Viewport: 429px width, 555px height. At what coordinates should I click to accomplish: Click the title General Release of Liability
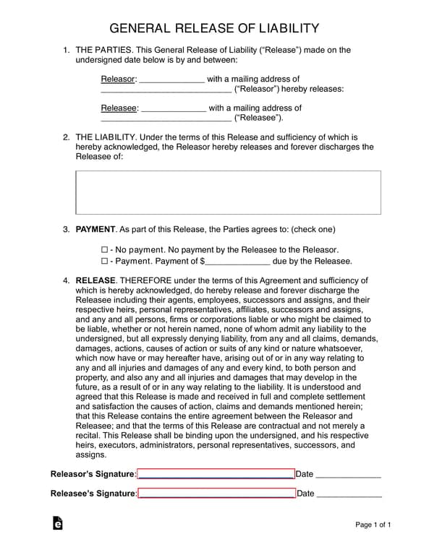[214, 28]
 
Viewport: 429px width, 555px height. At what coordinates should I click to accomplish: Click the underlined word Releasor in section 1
[118, 79]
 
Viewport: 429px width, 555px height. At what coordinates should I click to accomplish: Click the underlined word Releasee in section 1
[119, 108]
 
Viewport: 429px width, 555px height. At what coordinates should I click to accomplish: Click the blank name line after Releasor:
[171, 79]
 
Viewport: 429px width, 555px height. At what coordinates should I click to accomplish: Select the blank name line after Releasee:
[172, 109]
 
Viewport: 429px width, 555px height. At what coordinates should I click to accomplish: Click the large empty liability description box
[228, 192]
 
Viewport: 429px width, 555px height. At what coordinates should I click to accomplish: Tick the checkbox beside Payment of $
[104, 261]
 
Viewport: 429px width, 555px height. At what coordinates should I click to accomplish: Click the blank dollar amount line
[238, 262]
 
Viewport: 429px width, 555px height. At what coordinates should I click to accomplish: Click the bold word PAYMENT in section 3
[95, 229]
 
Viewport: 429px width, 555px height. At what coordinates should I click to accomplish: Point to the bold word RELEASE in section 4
[95, 280]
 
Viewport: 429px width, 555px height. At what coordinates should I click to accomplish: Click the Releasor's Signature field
[216, 474]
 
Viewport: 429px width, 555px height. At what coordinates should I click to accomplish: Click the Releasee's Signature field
[216, 494]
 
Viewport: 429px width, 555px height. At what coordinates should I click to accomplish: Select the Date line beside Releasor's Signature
[348, 475]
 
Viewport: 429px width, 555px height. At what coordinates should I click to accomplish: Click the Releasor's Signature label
[93, 474]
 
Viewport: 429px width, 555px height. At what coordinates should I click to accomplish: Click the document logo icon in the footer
[58, 524]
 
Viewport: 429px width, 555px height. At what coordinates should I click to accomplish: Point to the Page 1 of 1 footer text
[373, 525]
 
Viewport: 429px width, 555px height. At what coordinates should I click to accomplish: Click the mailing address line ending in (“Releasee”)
[166, 119]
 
